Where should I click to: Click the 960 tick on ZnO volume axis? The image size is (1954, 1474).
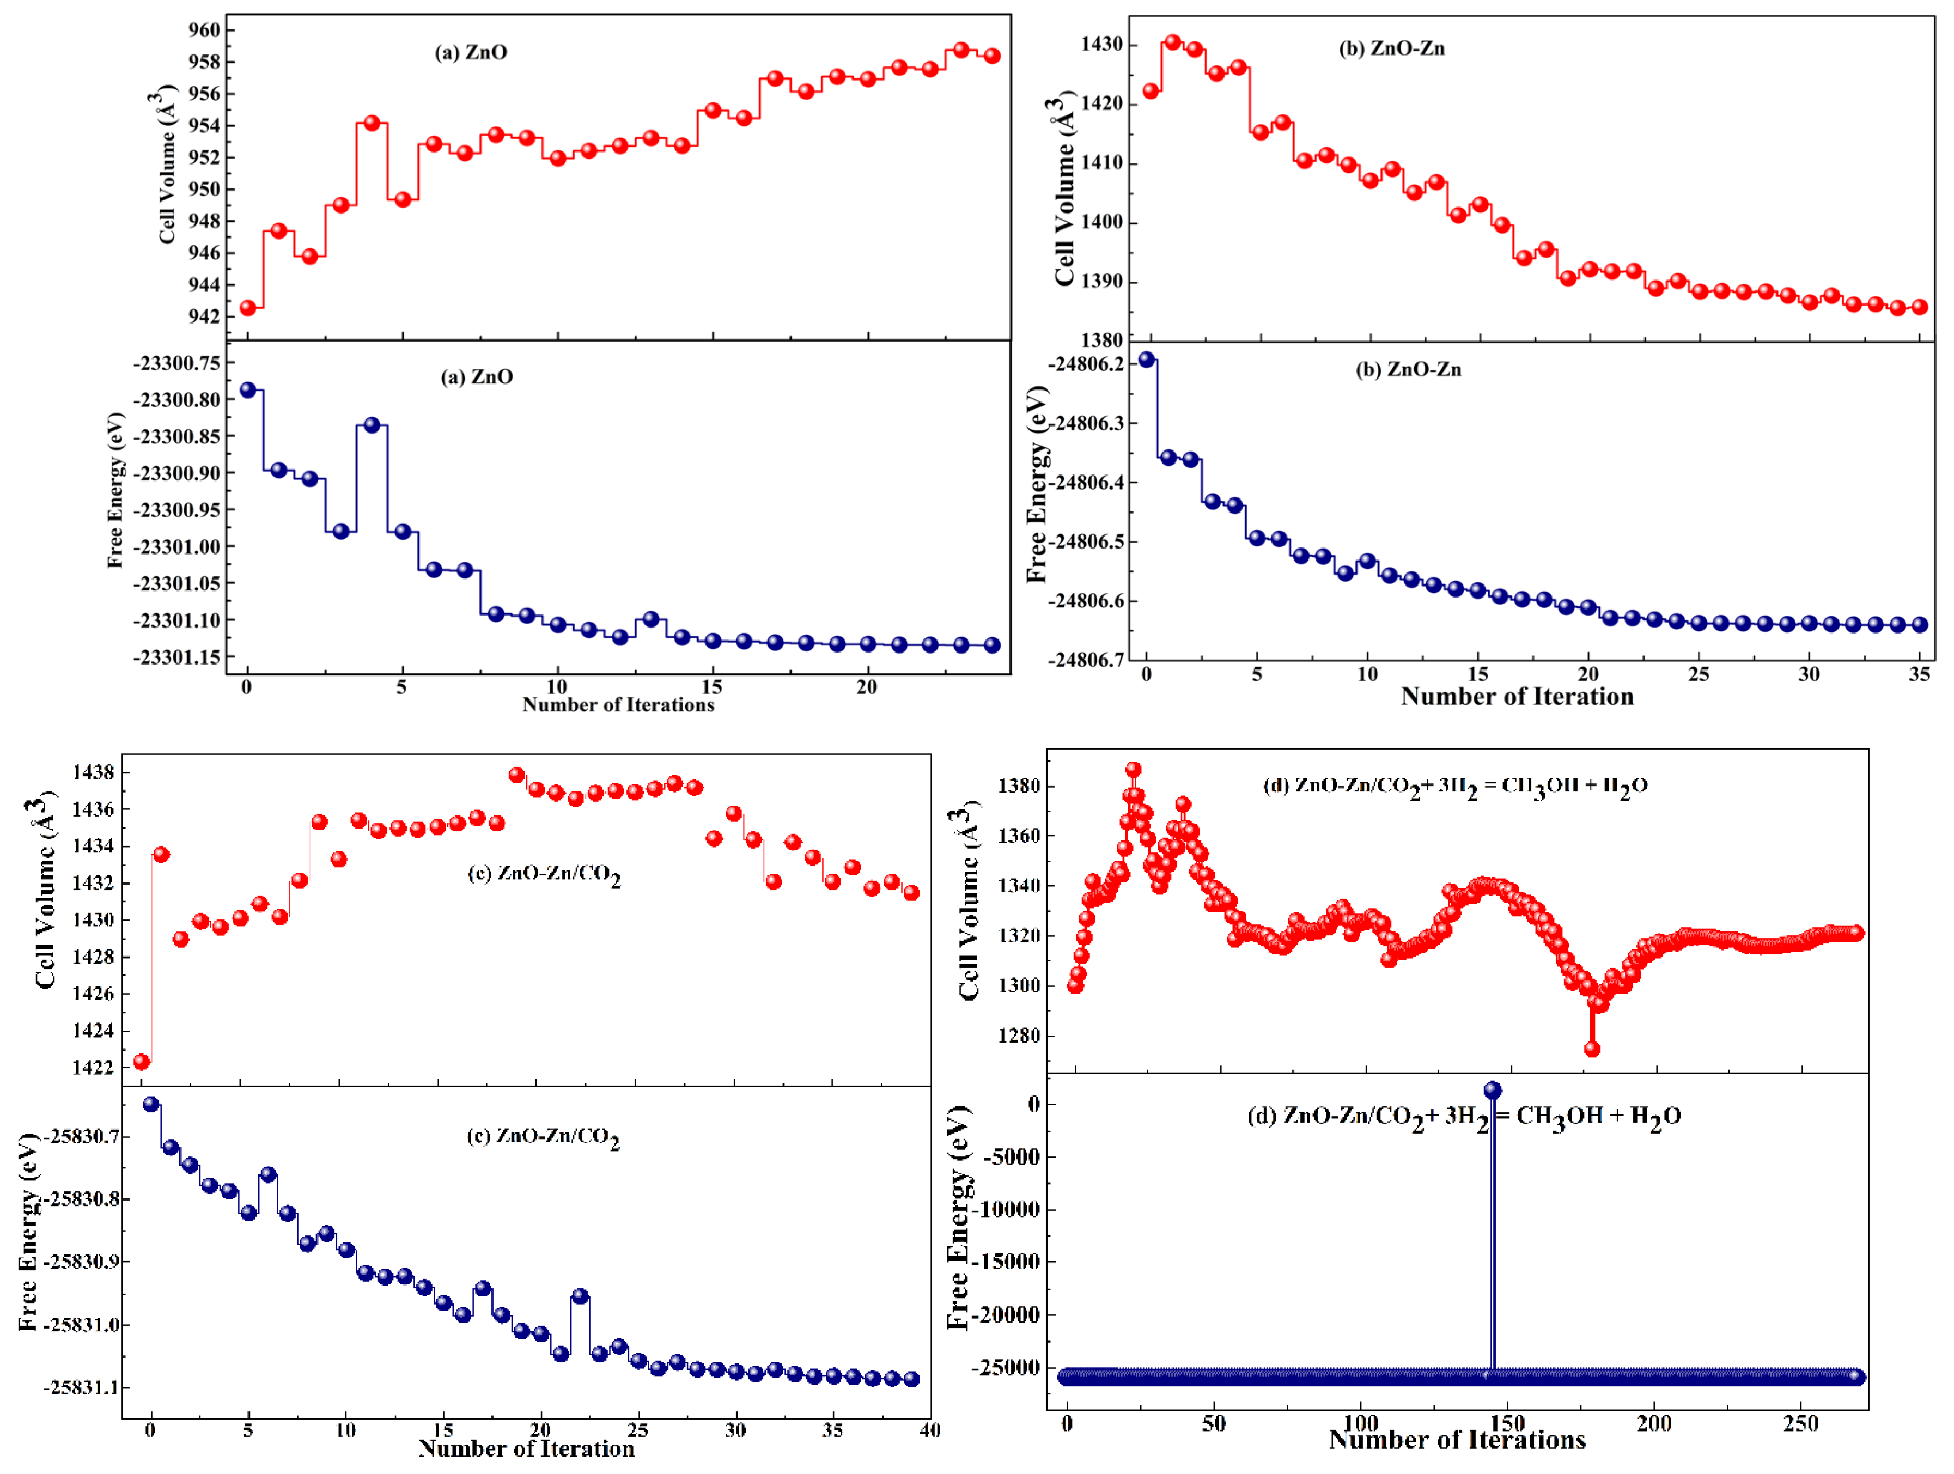(x=204, y=30)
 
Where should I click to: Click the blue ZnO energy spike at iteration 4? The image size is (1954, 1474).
(x=372, y=425)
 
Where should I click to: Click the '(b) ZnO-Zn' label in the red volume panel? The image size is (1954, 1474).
(x=1391, y=48)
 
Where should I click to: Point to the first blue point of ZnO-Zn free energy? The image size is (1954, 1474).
(x=1147, y=360)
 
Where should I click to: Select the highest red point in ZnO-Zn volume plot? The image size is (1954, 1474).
(x=1172, y=42)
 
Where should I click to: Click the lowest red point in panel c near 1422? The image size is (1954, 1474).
(x=141, y=1062)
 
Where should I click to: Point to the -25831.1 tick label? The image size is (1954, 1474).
(x=80, y=1387)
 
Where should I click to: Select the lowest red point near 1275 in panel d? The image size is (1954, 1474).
(x=1592, y=1049)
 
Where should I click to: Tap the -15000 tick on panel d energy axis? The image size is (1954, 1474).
(x=1011, y=1261)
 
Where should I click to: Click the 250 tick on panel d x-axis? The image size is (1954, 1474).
(x=1800, y=1424)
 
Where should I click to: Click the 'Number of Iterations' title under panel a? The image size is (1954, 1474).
(x=618, y=705)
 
